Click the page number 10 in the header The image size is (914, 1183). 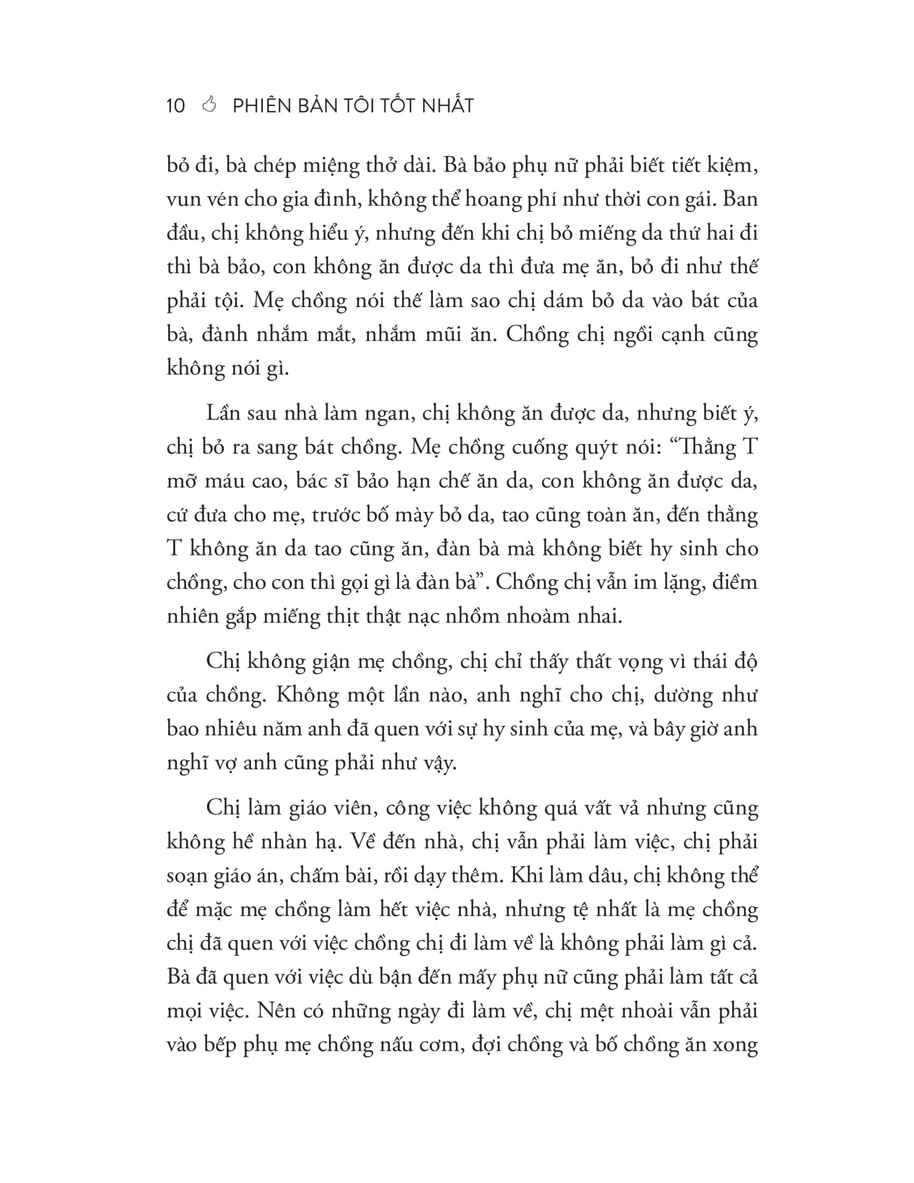pyautogui.click(x=176, y=105)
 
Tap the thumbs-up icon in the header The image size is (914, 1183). pyautogui.click(x=209, y=104)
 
